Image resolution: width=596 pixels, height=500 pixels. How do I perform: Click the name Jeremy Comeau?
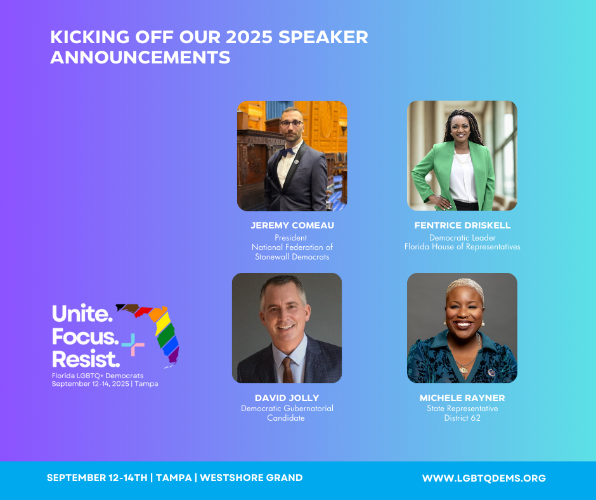[x=292, y=225]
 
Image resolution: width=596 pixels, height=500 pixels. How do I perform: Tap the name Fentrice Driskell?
[x=462, y=225]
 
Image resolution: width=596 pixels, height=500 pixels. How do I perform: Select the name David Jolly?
[x=287, y=398]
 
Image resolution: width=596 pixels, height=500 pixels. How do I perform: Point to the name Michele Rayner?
[x=462, y=398]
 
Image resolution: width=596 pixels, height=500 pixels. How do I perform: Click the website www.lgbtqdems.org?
[x=484, y=478]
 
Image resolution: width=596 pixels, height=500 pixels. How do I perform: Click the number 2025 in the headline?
[x=249, y=37]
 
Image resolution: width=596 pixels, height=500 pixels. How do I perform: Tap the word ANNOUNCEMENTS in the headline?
[x=140, y=58]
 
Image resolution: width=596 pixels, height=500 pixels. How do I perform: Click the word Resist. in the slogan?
[x=86, y=359]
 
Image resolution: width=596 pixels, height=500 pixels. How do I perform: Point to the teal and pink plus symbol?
[x=133, y=345]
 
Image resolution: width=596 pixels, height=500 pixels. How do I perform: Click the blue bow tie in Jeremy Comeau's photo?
[x=287, y=152]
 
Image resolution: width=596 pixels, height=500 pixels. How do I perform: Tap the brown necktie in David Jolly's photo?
[x=288, y=371]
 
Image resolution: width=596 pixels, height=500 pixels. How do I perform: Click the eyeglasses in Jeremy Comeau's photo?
[x=292, y=123]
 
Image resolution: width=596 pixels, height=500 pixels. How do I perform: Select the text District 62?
[x=462, y=418]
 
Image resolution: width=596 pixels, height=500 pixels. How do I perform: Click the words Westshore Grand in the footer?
[x=251, y=478]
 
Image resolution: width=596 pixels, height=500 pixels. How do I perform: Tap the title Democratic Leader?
[x=462, y=238]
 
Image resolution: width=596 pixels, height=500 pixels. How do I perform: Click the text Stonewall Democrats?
[x=292, y=257]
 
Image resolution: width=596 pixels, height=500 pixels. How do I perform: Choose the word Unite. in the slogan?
[x=82, y=313]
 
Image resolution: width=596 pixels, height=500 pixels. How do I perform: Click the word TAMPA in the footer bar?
[x=174, y=478]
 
